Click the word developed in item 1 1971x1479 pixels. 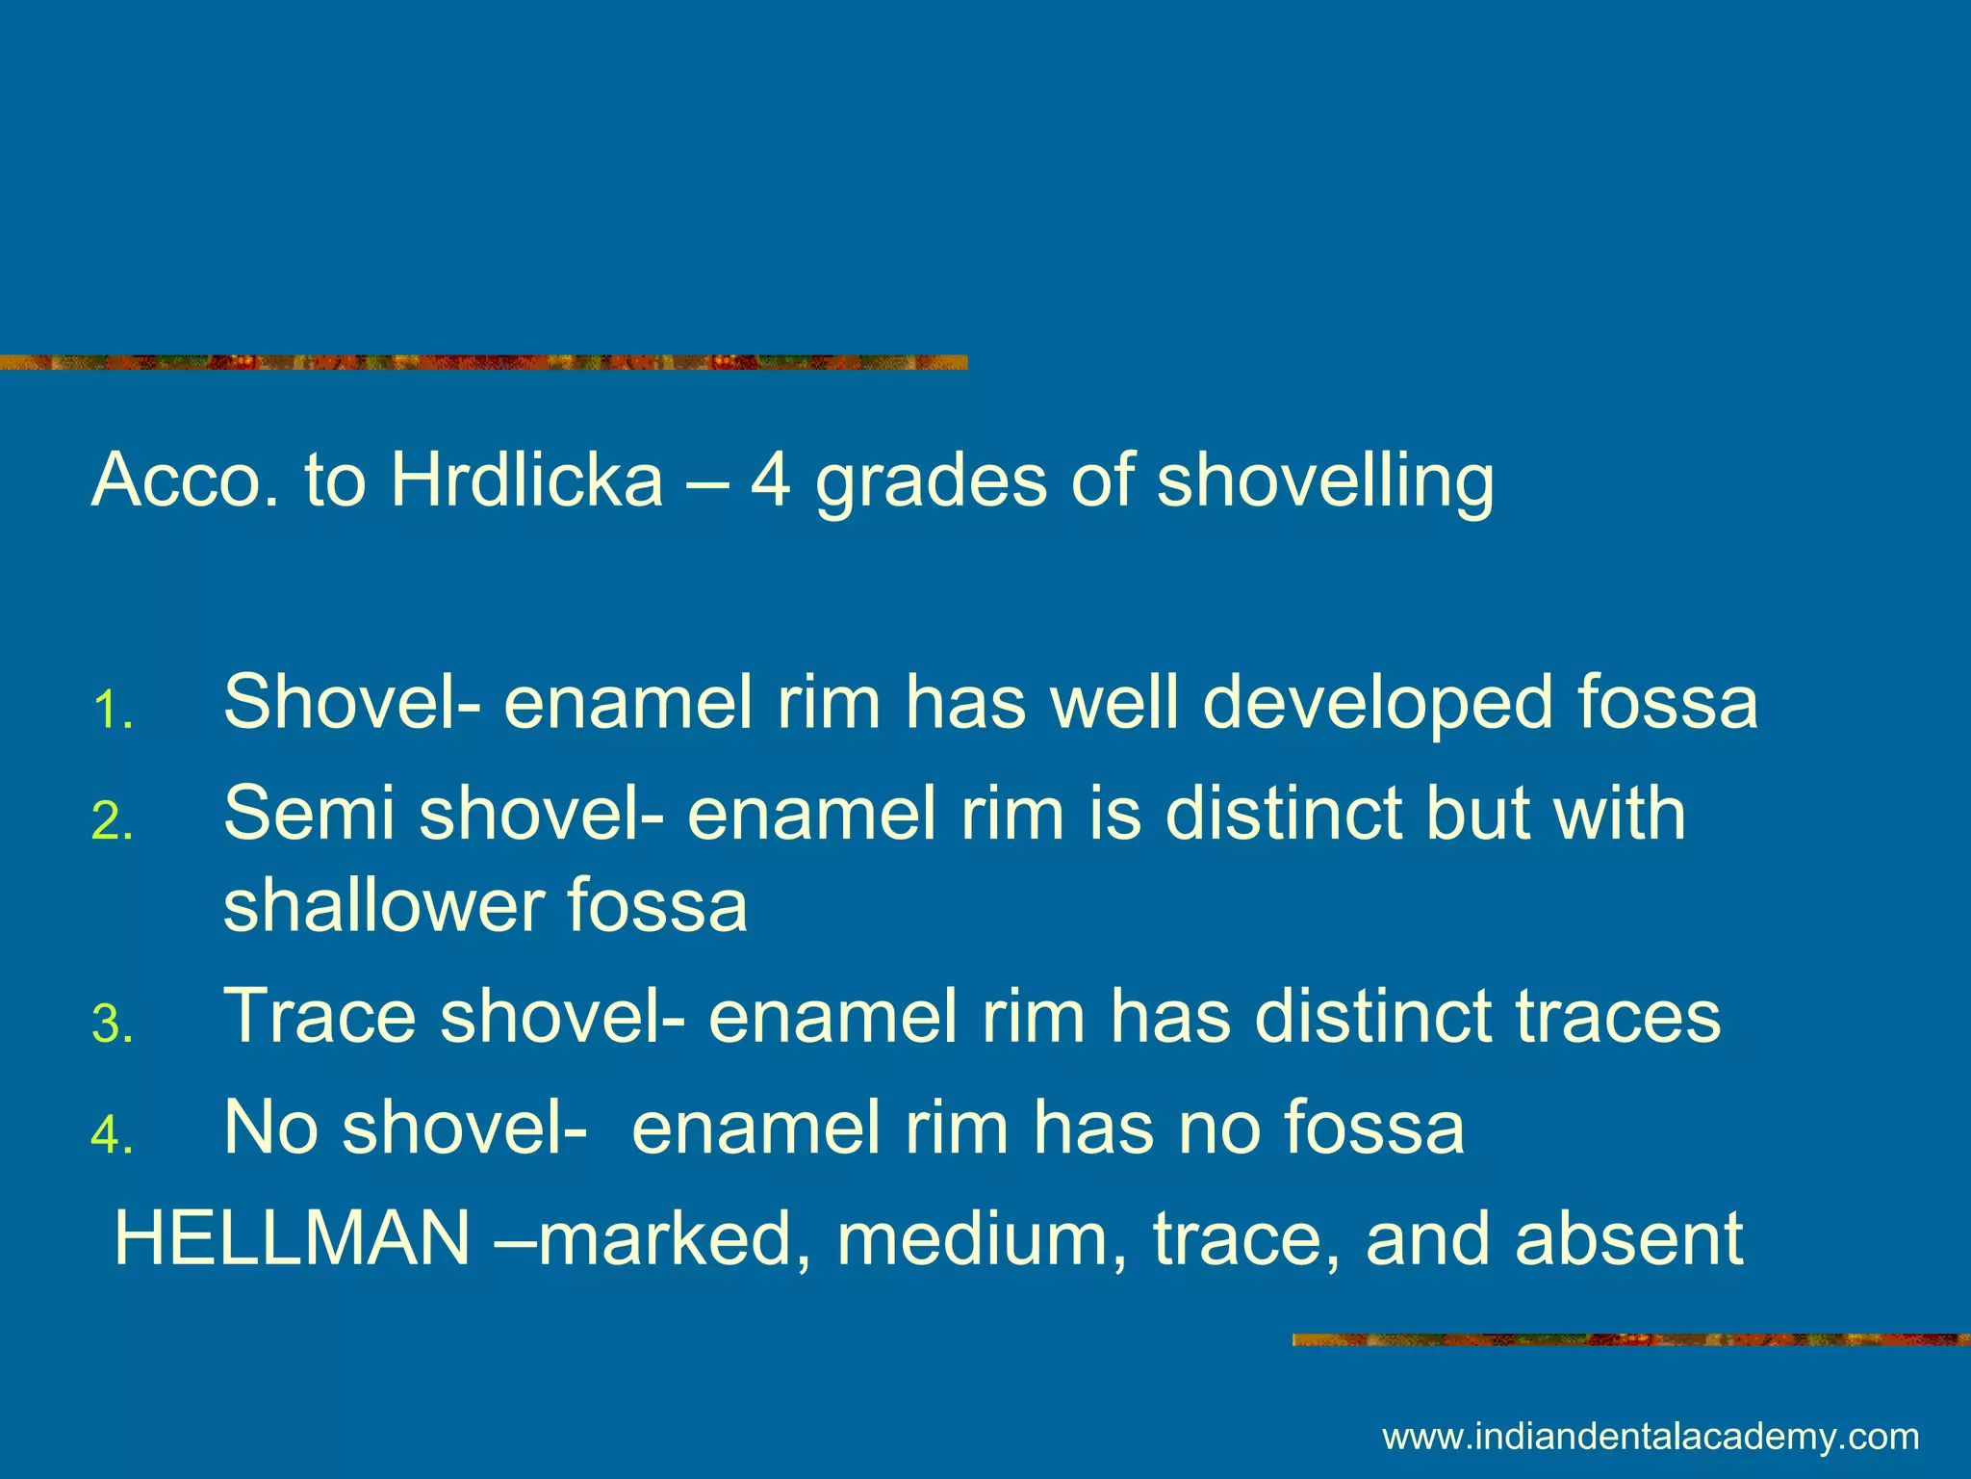[x=1377, y=703]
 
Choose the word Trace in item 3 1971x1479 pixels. [x=320, y=1016]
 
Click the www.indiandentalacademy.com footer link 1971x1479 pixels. [x=1651, y=1438]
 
